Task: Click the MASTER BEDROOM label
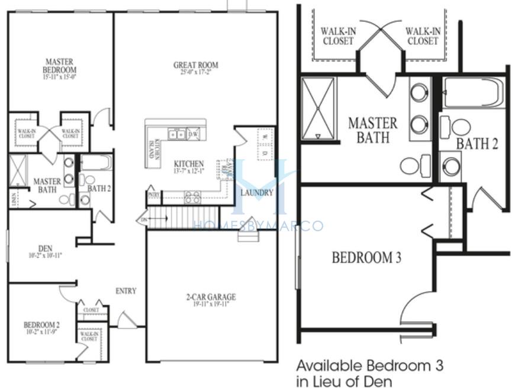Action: pyautogui.click(x=60, y=64)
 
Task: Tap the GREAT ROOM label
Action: pyautogui.click(x=195, y=65)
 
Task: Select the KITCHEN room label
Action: pyautogui.click(x=188, y=164)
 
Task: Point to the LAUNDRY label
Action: pyautogui.click(x=257, y=193)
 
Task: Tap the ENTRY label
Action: pyautogui.click(x=126, y=290)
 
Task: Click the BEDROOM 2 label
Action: pyautogui.click(x=41, y=325)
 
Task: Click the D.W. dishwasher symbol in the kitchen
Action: pyautogui.click(x=193, y=134)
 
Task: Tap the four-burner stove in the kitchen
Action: pyautogui.click(x=192, y=198)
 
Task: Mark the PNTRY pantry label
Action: pyautogui.click(x=153, y=194)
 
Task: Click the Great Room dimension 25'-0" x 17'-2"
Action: pyautogui.click(x=195, y=73)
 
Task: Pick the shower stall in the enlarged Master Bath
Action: pyautogui.click(x=318, y=108)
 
